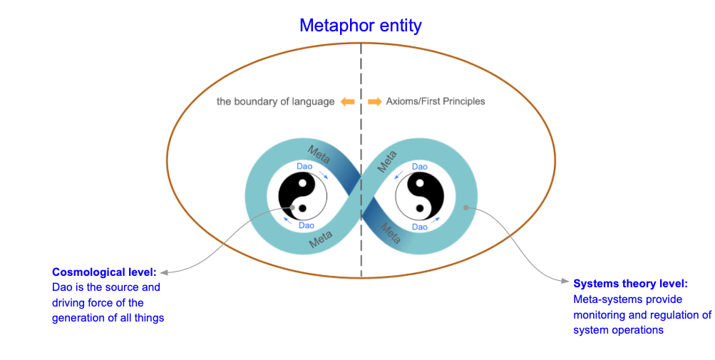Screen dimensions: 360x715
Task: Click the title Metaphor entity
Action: tap(360, 26)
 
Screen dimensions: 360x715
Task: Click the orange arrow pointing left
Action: tap(347, 102)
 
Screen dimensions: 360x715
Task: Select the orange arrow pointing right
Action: tap(375, 102)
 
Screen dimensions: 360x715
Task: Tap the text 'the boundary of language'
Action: tap(275, 102)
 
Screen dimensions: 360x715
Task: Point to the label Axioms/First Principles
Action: tap(435, 102)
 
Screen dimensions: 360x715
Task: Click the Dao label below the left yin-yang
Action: tap(306, 225)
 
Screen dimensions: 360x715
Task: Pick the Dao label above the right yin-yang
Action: tap(420, 166)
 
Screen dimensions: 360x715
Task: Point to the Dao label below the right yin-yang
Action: tap(420, 226)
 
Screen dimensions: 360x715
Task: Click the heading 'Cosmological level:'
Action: tap(104, 272)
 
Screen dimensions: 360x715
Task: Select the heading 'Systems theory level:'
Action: tap(630, 283)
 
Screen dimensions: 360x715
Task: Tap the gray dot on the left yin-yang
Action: tap(292, 207)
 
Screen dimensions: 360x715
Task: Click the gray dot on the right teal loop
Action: tap(465, 207)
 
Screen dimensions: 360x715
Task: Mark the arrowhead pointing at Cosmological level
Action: tap(163, 272)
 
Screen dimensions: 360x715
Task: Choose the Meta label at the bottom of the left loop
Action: tap(321, 241)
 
